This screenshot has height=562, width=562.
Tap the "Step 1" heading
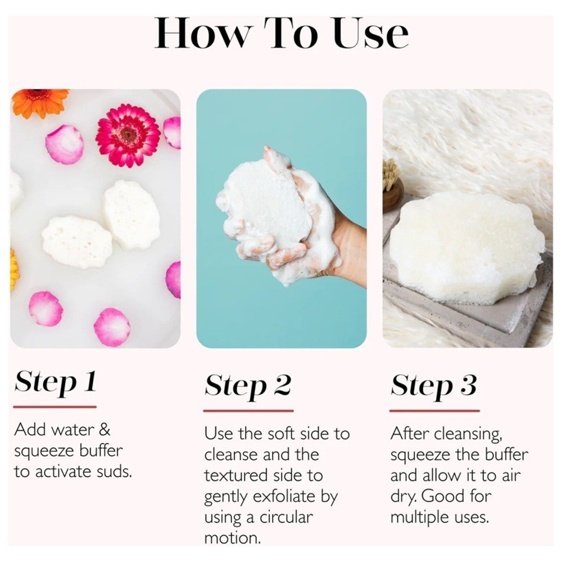(x=56, y=382)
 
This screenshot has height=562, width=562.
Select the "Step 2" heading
(x=248, y=387)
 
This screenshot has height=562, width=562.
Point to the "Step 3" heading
(x=434, y=387)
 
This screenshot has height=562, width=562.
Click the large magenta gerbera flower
(x=128, y=135)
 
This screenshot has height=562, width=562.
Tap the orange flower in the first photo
(x=39, y=102)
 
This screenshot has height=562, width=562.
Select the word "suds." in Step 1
(x=115, y=472)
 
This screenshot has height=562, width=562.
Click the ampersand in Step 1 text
(x=104, y=429)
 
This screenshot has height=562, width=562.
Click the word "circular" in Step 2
(x=286, y=517)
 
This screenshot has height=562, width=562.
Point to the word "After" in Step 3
(x=409, y=433)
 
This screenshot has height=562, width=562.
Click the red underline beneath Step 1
(x=55, y=407)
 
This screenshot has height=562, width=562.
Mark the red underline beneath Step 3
(x=434, y=411)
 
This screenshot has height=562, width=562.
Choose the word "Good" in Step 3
(x=440, y=496)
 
